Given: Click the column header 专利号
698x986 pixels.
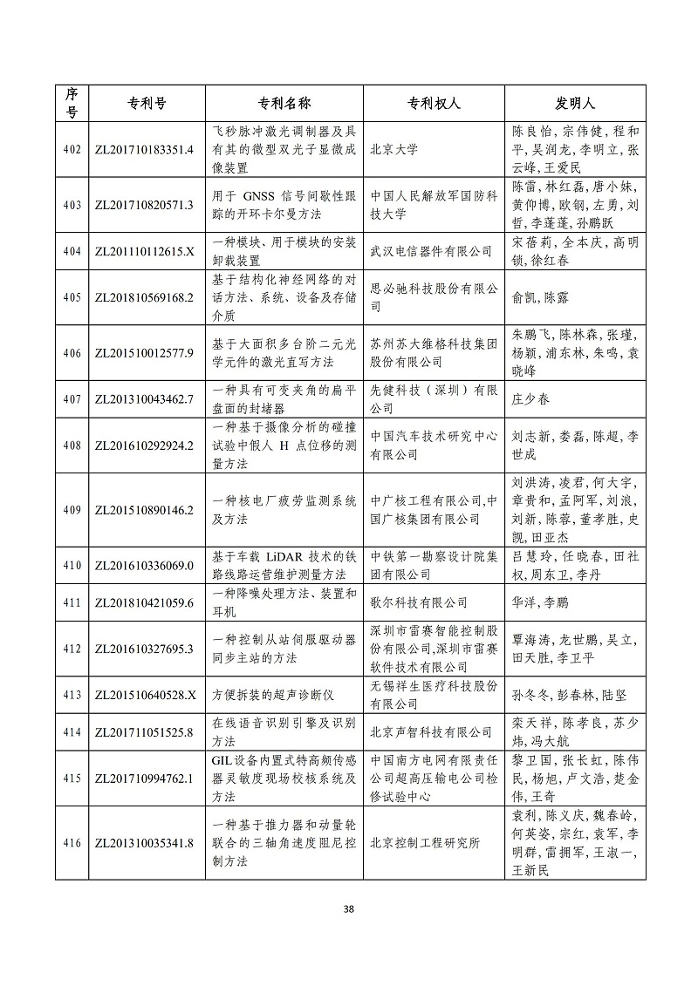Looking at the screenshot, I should coord(143,103).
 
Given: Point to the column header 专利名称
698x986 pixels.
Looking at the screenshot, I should coord(284,103).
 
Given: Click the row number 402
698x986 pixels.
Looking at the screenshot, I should coord(72,148).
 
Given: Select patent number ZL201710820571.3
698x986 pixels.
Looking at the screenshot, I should coord(143,204).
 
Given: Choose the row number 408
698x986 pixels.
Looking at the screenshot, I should coord(72,445).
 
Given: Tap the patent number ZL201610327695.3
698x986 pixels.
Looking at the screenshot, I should coord(143,649).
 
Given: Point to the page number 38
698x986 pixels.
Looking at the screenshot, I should coord(349,910).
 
